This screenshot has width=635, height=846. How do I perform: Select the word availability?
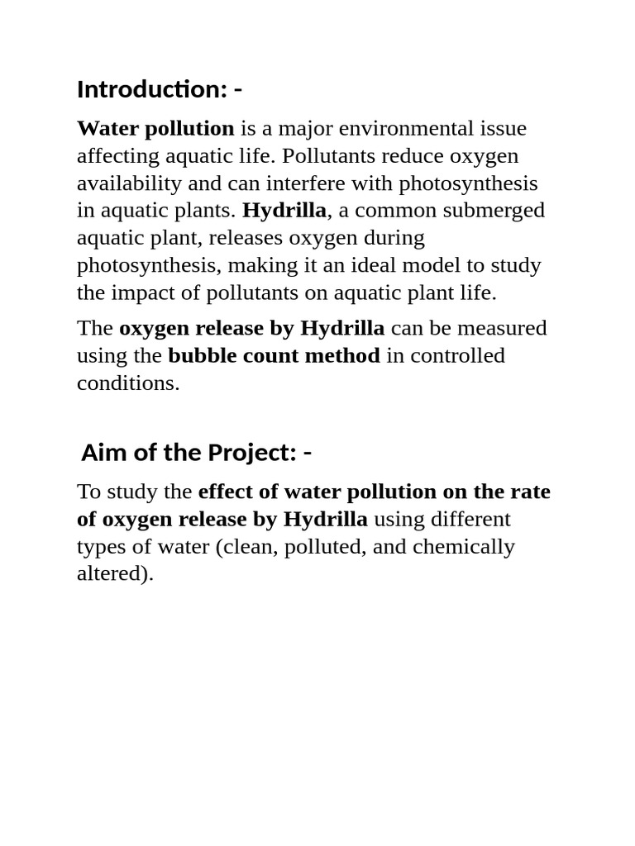(x=123, y=183)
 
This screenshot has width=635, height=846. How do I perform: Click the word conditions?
(x=127, y=383)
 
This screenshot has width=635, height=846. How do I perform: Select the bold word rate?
(x=530, y=492)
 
